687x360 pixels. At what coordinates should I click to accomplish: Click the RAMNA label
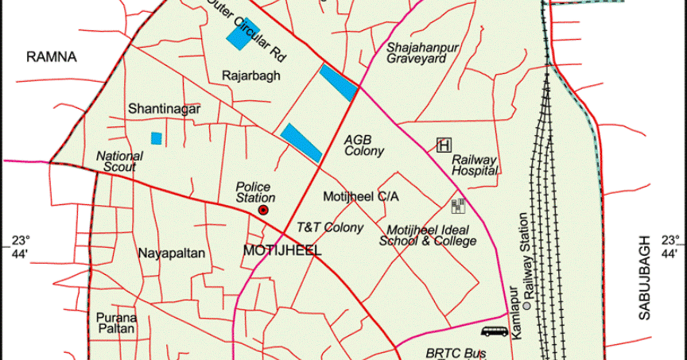coord(51,56)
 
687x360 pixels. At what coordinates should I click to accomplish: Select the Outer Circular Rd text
coord(246,33)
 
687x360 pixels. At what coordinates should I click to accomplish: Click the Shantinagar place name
coord(164,108)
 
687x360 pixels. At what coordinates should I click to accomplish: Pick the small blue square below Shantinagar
coord(157,138)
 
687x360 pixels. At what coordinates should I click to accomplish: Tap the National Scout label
coord(119,161)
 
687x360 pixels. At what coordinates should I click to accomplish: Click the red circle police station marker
coord(263,210)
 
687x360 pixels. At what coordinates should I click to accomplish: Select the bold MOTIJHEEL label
coord(282,251)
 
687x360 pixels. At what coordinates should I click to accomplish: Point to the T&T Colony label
coord(330,228)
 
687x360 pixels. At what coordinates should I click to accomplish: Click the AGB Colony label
coord(364,145)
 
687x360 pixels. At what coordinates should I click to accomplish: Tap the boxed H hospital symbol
coord(444,145)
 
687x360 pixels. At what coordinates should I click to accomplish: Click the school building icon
coord(458,207)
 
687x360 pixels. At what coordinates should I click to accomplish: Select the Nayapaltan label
coord(172,254)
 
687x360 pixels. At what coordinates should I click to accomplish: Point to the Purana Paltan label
coord(117,323)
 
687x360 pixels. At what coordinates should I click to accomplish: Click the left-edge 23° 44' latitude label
coord(20,246)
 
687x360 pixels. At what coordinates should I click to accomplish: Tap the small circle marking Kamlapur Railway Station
coord(526,305)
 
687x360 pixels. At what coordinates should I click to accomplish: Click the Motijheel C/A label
coord(362,195)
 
